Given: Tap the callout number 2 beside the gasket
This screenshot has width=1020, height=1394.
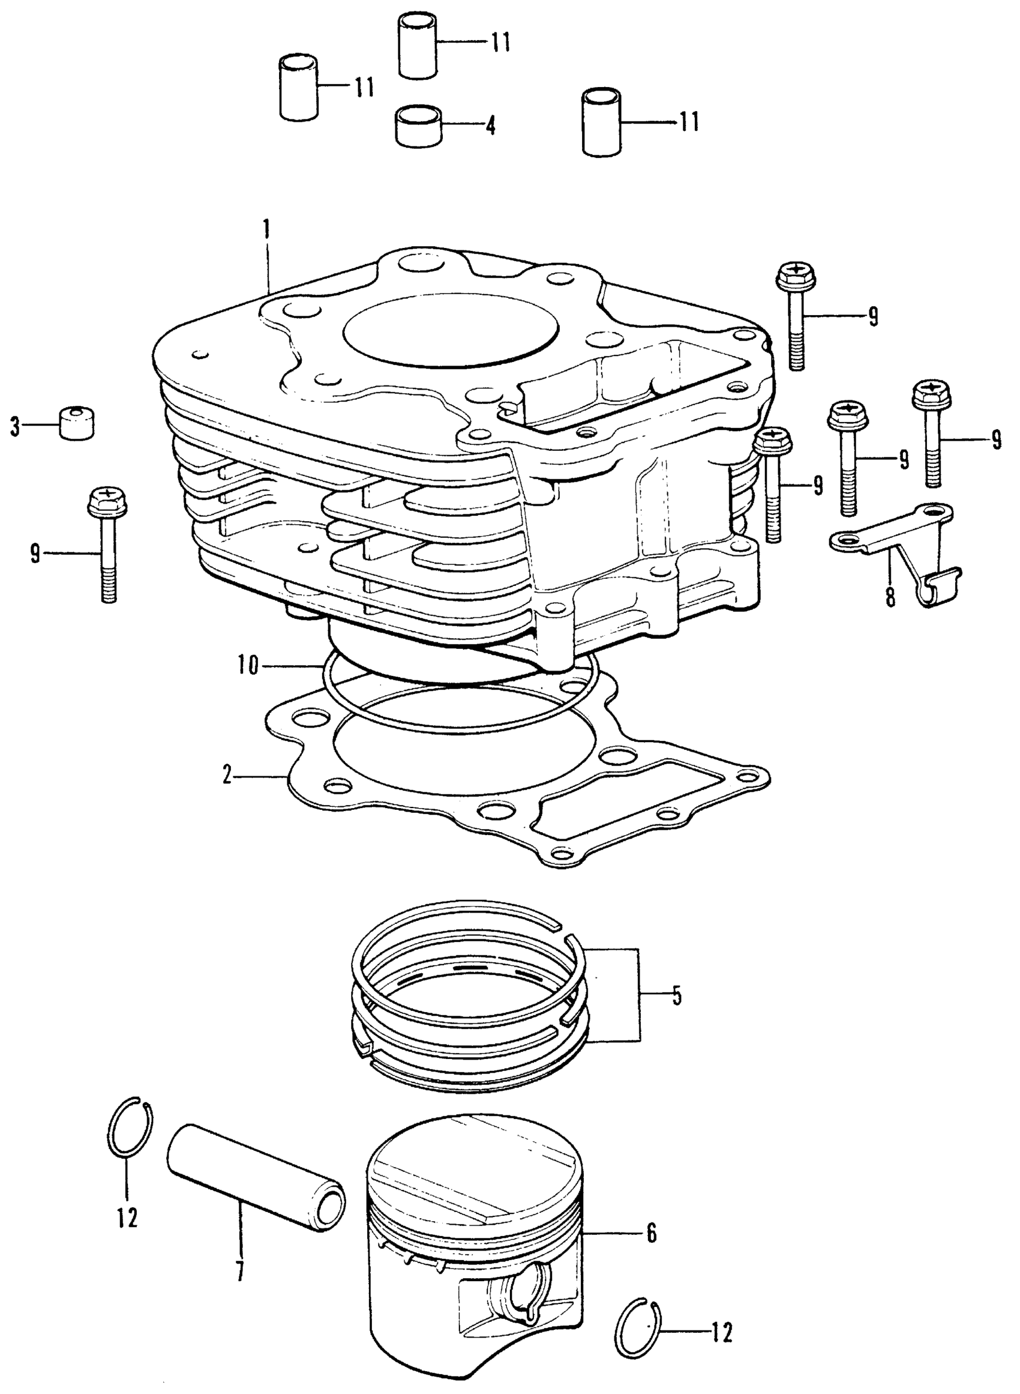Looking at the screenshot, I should point(227,774).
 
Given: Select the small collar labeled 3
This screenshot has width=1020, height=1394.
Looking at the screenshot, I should point(77,423).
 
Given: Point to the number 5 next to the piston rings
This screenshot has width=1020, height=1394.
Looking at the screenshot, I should point(677,996).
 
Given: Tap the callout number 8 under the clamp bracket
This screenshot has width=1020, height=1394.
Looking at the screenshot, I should point(890,597).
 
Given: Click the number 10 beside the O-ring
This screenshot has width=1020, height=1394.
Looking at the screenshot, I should point(248,667).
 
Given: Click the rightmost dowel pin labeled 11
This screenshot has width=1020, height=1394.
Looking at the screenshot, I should point(602,122).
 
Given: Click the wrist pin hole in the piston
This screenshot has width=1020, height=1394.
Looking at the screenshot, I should point(524,1291).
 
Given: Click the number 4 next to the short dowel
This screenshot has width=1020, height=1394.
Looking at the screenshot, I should point(490,126).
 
